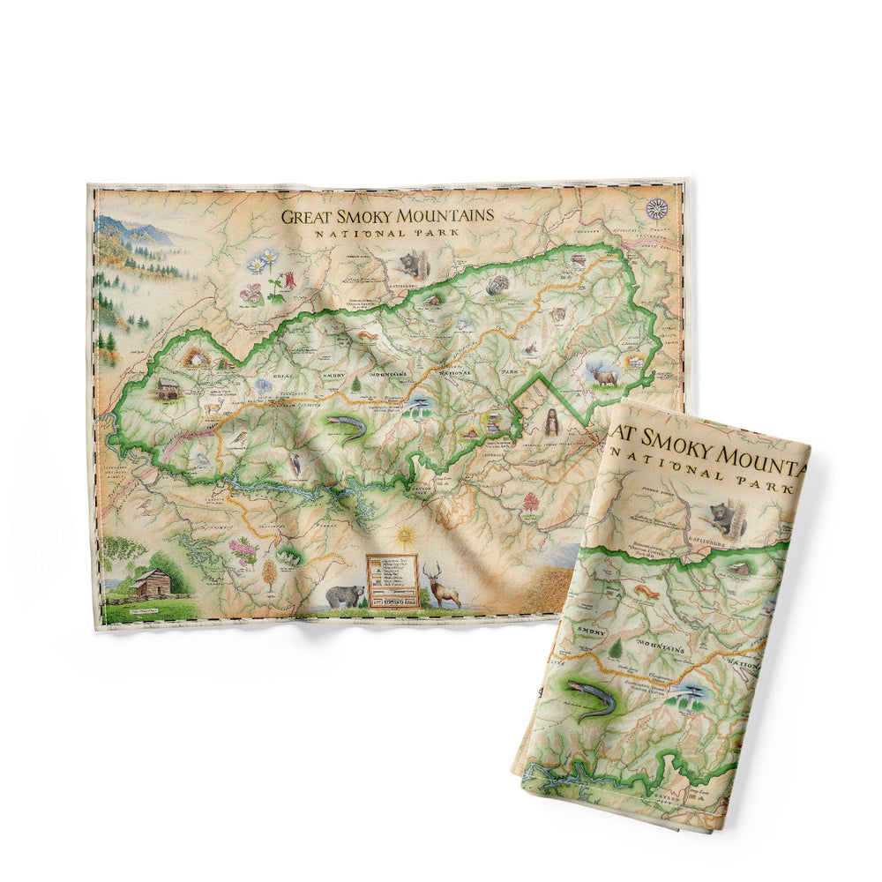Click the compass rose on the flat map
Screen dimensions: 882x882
point(656,209)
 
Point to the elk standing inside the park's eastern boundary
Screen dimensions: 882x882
point(604,374)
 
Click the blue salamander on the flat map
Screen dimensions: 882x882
point(346,428)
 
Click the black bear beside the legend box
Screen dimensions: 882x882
point(344,596)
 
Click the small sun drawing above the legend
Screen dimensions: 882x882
point(405,536)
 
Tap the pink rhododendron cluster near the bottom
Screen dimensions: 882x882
point(243,552)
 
